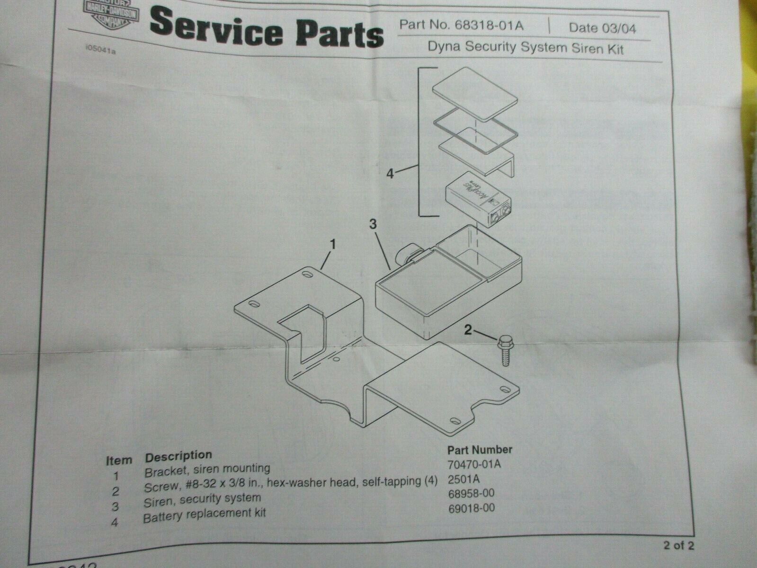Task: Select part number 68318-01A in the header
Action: [461, 26]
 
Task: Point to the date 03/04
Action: [602, 27]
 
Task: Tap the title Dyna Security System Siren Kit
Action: [525, 47]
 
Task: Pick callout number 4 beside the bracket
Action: [389, 175]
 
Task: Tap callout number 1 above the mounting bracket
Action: [332, 245]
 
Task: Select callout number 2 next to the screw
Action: [468, 330]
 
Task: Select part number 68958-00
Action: [471, 494]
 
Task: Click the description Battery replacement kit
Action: [204, 514]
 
